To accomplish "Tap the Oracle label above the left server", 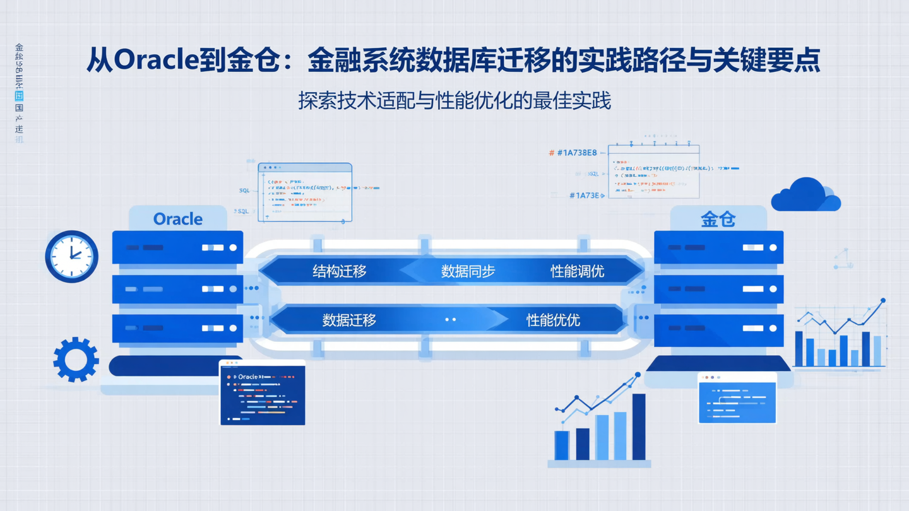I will click(x=178, y=219).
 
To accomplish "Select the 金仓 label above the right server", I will click(x=718, y=219).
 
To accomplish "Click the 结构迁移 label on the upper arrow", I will click(x=340, y=271).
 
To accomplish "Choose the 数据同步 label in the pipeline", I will click(x=468, y=271).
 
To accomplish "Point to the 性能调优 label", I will click(x=577, y=271).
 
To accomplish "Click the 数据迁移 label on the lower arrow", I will click(x=349, y=320).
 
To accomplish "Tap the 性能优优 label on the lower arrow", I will click(x=553, y=320).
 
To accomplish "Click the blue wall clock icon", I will click(x=72, y=256).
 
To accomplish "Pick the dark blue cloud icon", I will click(x=806, y=196).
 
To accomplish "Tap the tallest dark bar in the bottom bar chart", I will click(x=639, y=426).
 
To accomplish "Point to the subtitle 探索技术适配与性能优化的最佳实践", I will click(x=454, y=101).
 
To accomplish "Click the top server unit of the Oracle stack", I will click(x=177, y=247).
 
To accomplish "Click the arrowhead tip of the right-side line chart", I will click(x=882, y=302).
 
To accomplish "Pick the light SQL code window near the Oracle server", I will click(x=305, y=192).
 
